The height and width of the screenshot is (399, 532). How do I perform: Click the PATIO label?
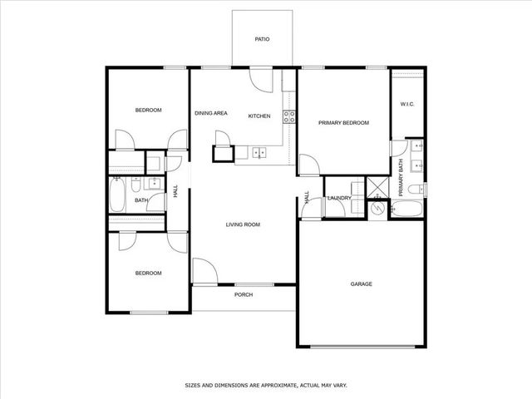[x=262, y=39]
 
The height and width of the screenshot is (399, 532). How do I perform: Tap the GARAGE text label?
[x=361, y=284]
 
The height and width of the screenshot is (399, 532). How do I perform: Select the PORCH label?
[x=244, y=295]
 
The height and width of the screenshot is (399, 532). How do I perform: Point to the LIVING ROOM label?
[x=244, y=224]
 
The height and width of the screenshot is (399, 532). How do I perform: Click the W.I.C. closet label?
[x=407, y=104]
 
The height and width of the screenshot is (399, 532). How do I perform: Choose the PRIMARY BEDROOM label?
[x=343, y=122]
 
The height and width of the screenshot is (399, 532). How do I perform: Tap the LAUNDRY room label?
[x=339, y=198]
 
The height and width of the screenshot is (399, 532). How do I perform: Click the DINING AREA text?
[x=211, y=113]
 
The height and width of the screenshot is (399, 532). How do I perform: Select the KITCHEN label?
[x=260, y=116]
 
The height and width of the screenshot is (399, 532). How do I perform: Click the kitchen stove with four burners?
[x=289, y=117]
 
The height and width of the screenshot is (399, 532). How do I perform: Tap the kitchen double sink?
[x=259, y=153]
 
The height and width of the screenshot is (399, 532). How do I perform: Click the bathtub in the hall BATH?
[x=116, y=198]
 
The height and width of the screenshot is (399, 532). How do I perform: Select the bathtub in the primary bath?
[x=407, y=209]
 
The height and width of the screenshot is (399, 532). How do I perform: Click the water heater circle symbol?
[x=378, y=207]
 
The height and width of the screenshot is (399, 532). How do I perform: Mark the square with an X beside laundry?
[x=378, y=187]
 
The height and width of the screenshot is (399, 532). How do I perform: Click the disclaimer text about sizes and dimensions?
[x=265, y=386]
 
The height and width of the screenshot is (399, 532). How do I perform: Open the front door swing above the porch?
[x=204, y=271]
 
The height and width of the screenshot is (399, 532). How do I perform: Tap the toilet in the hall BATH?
[x=155, y=183]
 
